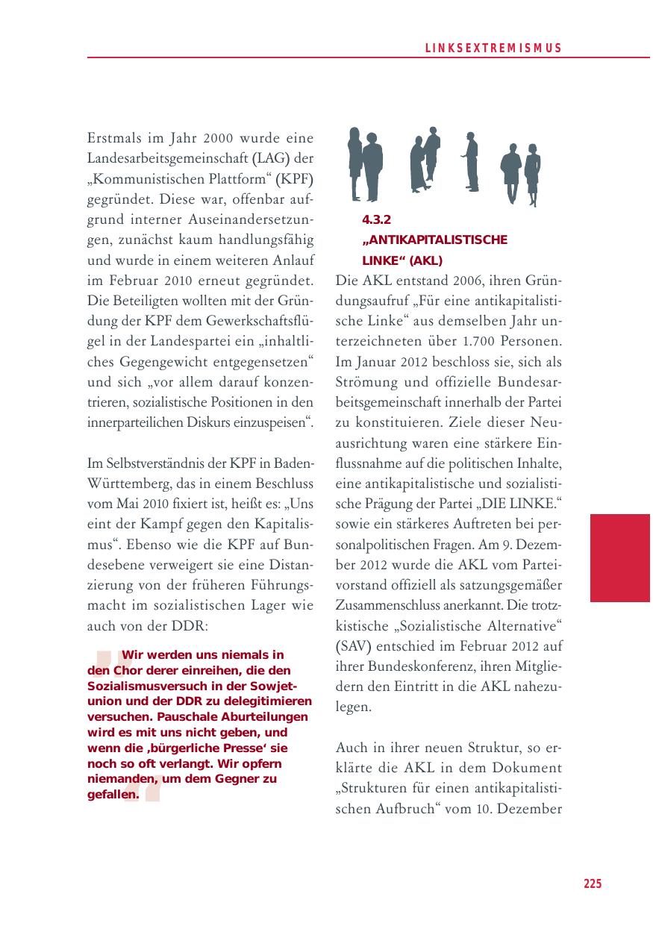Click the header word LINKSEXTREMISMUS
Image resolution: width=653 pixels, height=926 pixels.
pos(493,49)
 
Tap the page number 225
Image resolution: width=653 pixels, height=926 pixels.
pos(592,883)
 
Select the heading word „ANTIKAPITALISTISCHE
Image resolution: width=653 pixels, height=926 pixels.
pos(434,240)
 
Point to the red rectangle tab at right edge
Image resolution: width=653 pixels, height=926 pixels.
pos(619,557)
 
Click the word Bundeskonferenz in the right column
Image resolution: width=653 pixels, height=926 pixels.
pos(416,666)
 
